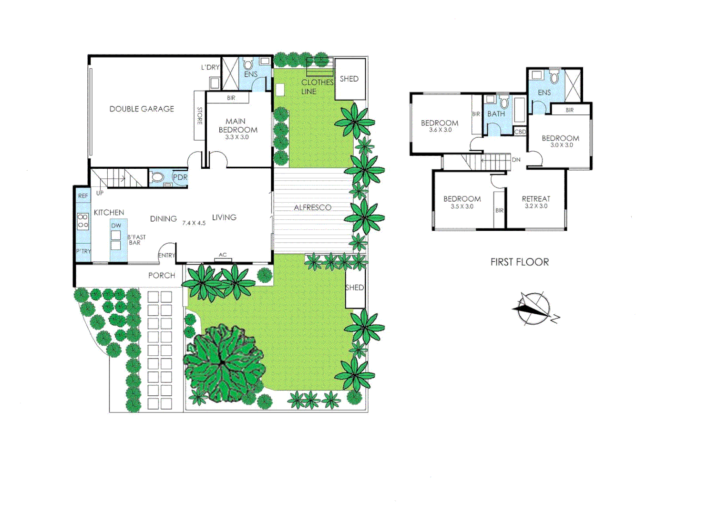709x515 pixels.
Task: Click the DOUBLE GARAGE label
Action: (x=142, y=109)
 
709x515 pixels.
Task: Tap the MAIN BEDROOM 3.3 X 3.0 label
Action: (x=237, y=129)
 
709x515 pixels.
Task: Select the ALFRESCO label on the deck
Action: (x=312, y=207)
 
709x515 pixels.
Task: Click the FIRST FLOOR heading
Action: (x=519, y=262)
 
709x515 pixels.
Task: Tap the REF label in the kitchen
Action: (x=83, y=196)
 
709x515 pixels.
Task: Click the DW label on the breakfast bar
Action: (x=116, y=226)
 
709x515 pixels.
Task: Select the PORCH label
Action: (x=162, y=276)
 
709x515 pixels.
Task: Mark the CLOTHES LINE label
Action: (x=317, y=87)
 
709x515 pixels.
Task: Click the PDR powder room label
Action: (x=180, y=177)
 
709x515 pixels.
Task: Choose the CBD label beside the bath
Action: (x=520, y=132)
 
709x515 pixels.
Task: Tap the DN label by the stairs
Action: (x=516, y=160)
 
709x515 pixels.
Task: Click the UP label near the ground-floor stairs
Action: (x=100, y=193)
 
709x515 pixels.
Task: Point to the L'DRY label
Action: (x=210, y=67)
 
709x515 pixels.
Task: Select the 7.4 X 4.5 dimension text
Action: (x=194, y=223)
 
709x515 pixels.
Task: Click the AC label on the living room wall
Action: (x=223, y=255)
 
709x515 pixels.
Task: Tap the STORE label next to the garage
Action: (x=200, y=116)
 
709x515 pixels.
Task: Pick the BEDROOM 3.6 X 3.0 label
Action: (x=440, y=126)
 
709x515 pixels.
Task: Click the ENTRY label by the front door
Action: (x=166, y=256)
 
